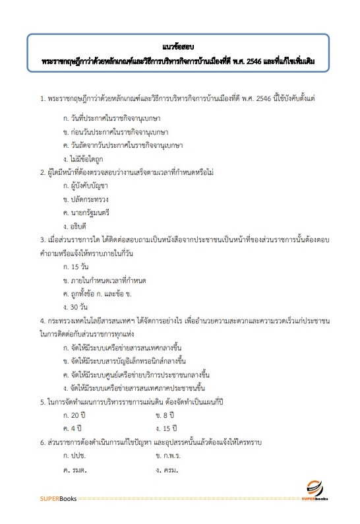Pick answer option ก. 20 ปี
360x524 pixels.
click(75, 414)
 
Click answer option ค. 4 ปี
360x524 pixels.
click(73, 428)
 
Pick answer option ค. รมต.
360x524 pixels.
click(75, 470)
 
